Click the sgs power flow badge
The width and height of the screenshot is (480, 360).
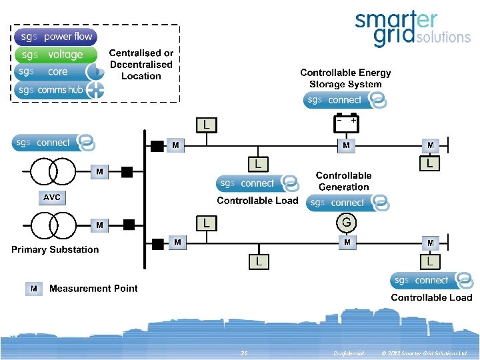pyautogui.click(x=56, y=37)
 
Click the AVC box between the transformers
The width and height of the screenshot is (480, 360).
pyautogui.click(x=51, y=197)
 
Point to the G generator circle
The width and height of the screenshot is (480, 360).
pyautogui.click(x=346, y=222)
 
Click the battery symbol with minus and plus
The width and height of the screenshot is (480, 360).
pyautogui.click(x=346, y=123)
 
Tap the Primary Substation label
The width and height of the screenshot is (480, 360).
pyautogui.click(x=55, y=249)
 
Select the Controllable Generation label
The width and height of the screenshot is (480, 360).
pyautogui.click(x=343, y=181)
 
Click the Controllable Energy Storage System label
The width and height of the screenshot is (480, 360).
pyautogui.click(x=345, y=79)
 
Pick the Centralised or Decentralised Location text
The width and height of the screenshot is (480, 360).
pyautogui.click(x=141, y=65)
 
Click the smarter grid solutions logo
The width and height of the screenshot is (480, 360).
pyautogui.click(x=411, y=29)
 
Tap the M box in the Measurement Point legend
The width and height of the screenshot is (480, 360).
pyautogui.click(x=34, y=289)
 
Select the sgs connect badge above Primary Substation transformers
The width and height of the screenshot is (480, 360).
pyautogui.click(x=53, y=143)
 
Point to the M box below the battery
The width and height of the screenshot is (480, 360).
pyautogui.click(x=346, y=145)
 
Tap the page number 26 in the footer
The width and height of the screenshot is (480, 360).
pyautogui.click(x=244, y=353)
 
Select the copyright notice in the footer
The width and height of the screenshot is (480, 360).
pyautogui.click(x=425, y=353)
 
